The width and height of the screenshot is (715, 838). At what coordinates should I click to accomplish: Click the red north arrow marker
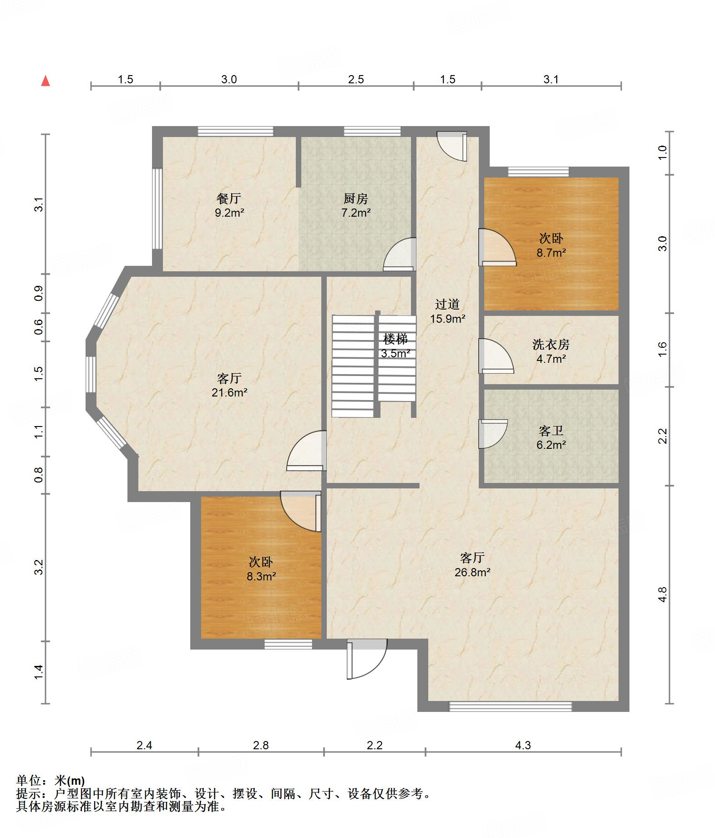46,81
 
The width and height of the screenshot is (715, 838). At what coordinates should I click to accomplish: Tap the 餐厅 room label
229,198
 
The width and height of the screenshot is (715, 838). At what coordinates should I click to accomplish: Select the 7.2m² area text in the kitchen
356,212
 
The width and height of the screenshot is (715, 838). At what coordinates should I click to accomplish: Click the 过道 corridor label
447,304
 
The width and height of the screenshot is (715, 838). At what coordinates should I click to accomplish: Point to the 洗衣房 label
551,345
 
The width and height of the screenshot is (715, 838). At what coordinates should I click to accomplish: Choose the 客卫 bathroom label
551,431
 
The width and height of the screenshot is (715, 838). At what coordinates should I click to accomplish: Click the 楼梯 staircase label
395,339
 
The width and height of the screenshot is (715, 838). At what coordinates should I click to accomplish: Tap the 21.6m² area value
229,392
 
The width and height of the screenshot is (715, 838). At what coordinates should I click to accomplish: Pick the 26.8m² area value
472,572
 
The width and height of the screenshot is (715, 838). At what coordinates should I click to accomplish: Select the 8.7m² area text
551,252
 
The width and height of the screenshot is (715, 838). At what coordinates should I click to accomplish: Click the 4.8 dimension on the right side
663,594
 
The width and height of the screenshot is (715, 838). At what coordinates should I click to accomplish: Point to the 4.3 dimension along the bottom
523,745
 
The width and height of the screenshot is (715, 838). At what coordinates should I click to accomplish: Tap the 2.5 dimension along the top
356,79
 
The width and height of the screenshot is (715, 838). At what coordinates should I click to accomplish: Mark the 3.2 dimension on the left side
39,567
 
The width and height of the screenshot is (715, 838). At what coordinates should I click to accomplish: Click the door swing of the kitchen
400,254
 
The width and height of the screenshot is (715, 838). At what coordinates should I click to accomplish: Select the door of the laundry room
496,356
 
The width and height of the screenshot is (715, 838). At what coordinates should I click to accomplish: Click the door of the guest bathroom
493,434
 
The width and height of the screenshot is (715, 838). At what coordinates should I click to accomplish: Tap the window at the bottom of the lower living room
510,706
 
